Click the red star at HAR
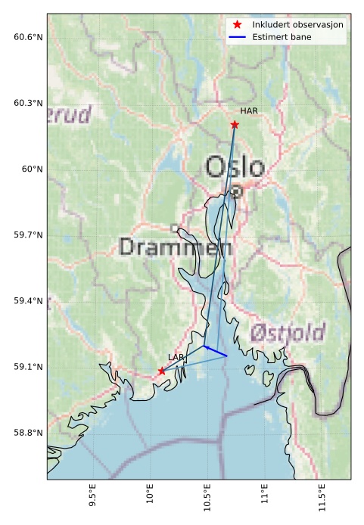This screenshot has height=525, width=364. (235, 124)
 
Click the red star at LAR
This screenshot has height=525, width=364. (162, 371)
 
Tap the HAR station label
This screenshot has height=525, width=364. (249, 111)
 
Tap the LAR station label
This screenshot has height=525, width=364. (176, 356)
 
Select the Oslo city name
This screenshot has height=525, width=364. (235, 167)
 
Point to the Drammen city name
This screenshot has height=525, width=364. (176, 247)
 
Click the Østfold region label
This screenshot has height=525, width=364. (287, 331)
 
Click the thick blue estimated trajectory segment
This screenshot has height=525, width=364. (216, 351)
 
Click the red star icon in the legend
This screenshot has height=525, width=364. (238, 25)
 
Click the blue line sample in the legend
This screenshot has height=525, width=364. (238, 36)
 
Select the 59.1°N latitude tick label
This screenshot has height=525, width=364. (28, 367)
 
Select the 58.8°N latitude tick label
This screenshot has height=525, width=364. (28, 433)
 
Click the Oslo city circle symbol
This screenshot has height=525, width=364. (236, 191)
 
